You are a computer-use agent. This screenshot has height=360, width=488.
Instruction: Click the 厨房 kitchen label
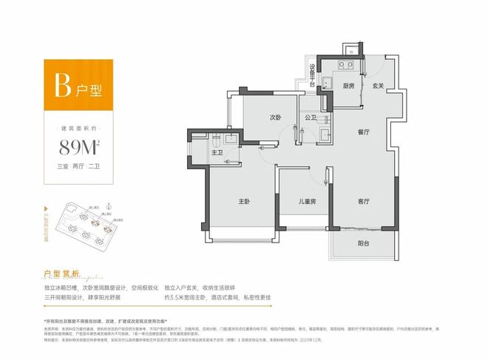coord(350,86)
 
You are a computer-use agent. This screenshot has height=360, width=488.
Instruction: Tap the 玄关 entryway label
coord(378,86)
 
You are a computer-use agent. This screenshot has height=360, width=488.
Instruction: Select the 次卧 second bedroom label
coord(276,117)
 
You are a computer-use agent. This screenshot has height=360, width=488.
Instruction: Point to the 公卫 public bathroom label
coord(309,118)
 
